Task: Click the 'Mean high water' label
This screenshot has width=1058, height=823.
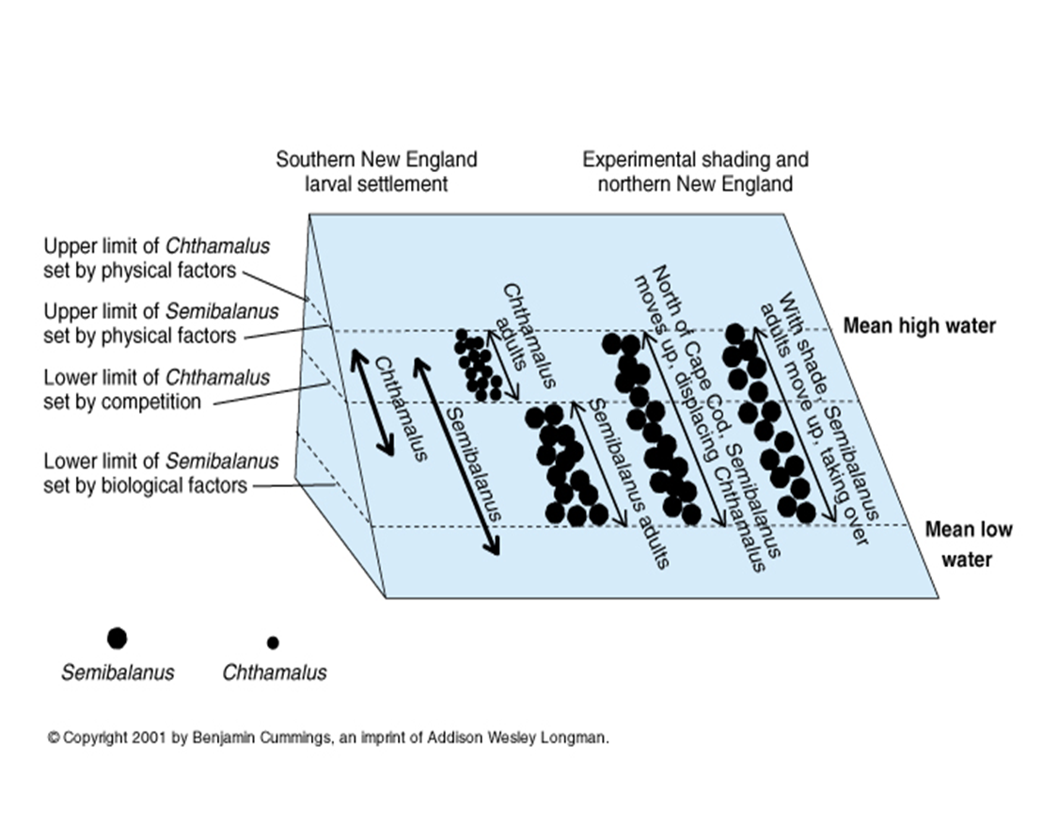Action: (x=919, y=325)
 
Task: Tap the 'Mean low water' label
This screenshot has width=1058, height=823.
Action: (x=968, y=545)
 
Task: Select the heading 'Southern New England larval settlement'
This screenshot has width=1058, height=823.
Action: (x=376, y=172)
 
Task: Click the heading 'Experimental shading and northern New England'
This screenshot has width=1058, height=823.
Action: (x=695, y=172)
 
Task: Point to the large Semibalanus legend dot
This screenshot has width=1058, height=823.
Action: (x=117, y=638)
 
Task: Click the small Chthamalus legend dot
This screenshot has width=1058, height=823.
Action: (x=273, y=642)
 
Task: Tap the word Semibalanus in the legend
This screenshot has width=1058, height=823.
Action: (x=118, y=673)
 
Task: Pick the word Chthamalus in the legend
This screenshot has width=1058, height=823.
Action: (x=275, y=673)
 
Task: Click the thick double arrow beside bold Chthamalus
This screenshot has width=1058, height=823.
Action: (x=372, y=402)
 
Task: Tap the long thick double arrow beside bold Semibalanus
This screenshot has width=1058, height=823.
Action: (x=457, y=457)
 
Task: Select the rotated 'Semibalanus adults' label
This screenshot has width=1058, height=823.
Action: (x=629, y=483)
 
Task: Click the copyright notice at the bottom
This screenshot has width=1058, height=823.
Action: (x=328, y=737)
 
